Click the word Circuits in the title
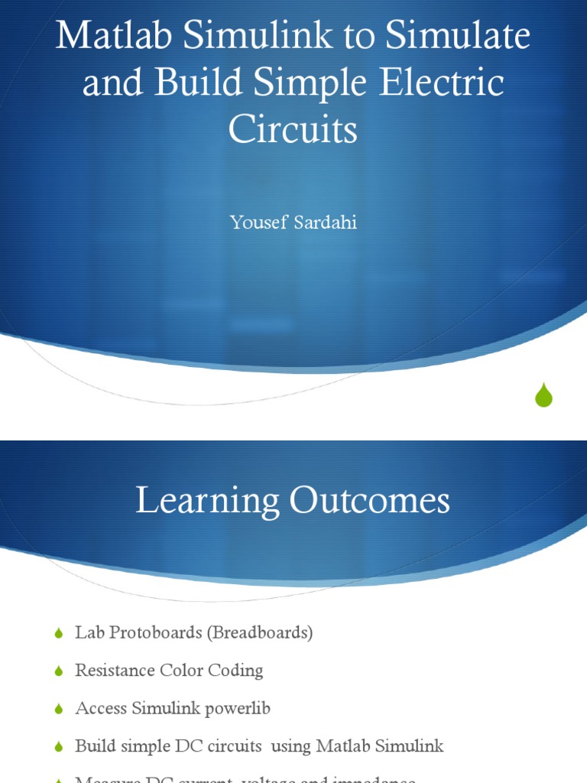click(293, 129)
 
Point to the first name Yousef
click(257, 224)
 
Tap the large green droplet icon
click(543, 395)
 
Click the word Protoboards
click(152, 633)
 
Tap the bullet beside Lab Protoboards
click(59, 634)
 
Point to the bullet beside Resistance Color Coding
click(59, 671)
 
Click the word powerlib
click(238, 709)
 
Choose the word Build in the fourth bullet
click(93, 746)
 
